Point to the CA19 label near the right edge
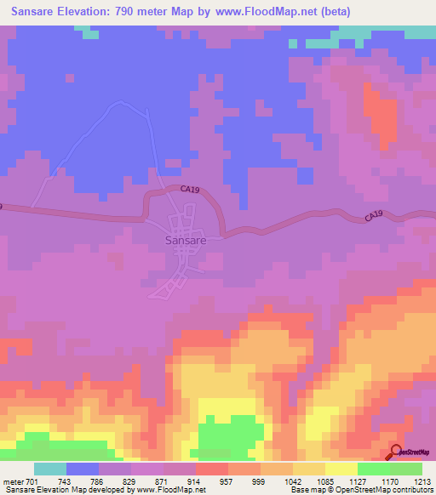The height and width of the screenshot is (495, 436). [375, 217]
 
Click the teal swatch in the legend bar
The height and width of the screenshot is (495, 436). [50, 469]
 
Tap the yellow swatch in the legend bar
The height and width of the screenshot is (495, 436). [341, 469]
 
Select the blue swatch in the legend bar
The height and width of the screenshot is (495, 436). [83, 469]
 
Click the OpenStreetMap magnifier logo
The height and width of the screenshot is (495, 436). [397, 452]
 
